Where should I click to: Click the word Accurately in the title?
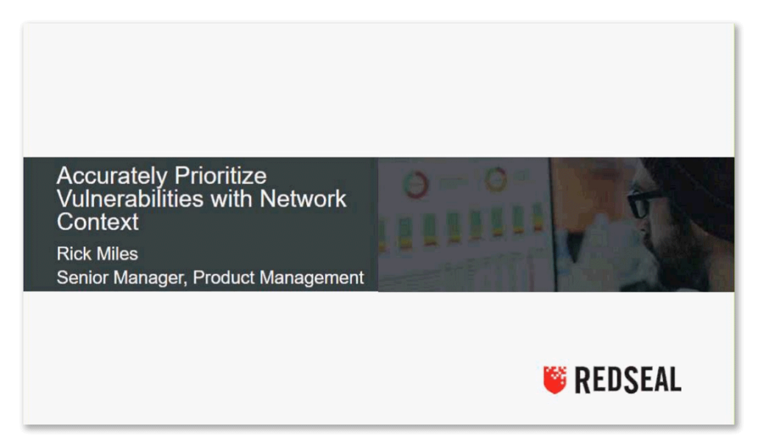tap(112, 177)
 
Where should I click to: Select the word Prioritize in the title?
tap(221, 177)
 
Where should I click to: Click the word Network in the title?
tap(302, 199)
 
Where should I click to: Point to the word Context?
tap(98, 222)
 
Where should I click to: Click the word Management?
tap(312, 278)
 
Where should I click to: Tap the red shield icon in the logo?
tap(554, 380)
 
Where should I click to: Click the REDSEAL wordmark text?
tap(628, 380)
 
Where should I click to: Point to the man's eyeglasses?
tap(645, 202)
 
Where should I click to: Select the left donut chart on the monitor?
tap(415, 184)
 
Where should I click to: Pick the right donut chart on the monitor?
tap(496, 179)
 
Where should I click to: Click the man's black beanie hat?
tap(696, 188)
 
